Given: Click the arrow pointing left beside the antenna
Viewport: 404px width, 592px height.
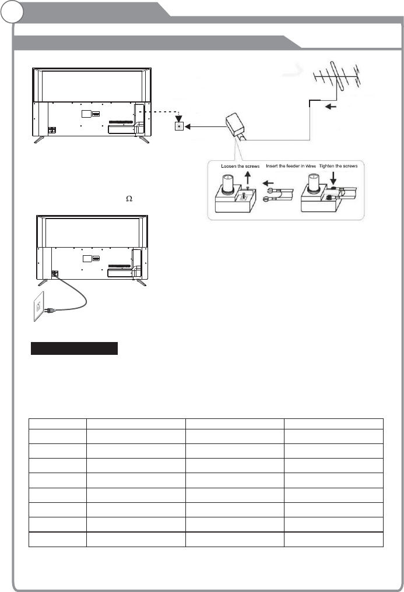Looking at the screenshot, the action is point(330,106).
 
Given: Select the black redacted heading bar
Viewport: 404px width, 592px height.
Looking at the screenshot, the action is point(74,348).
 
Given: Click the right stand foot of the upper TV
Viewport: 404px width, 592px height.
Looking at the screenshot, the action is point(142,139).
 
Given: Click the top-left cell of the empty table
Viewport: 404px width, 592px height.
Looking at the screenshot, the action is point(58,424).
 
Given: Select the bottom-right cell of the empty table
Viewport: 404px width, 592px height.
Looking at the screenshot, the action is point(333,540).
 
